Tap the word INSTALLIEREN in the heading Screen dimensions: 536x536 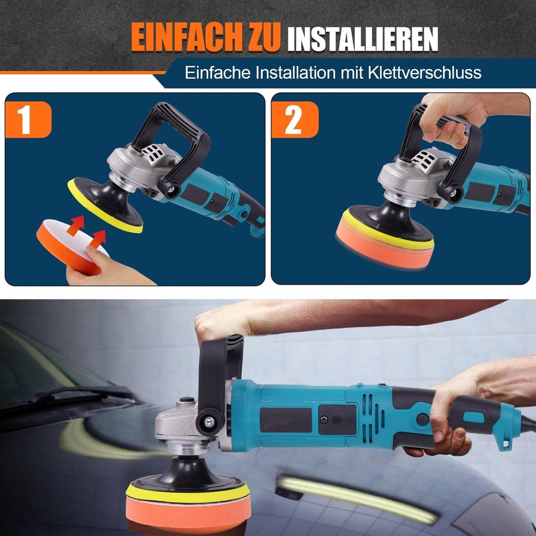(x=362, y=39)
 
